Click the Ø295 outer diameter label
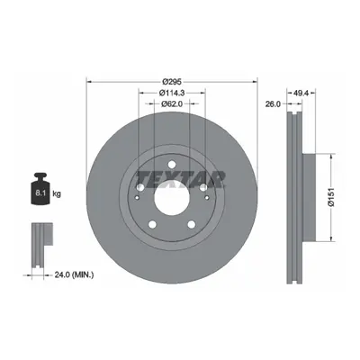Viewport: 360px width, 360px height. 172,81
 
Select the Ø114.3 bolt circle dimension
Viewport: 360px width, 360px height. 172,93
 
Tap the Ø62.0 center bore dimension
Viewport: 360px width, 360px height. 172,103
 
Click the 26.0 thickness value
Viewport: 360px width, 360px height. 273,103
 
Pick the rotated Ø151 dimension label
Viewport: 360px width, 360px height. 331,198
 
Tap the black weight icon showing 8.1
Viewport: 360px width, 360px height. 40,189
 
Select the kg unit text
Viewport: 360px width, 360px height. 57,193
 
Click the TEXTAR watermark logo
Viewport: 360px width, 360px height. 181,180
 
